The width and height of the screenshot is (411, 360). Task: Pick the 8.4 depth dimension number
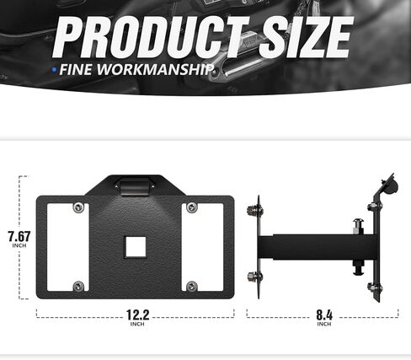tap(324, 315)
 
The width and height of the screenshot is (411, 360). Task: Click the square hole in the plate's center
tap(135, 246)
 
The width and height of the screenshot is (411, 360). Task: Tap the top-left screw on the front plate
tap(78, 208)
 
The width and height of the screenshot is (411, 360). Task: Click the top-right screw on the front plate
tap(192, 207)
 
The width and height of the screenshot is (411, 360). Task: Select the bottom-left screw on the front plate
tap(78, 286)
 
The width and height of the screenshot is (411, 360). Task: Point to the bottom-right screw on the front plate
tap(192, 286)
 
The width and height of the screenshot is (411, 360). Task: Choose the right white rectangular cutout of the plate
tap(206, 247)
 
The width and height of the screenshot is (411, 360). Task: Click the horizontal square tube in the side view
tap(312, 247)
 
